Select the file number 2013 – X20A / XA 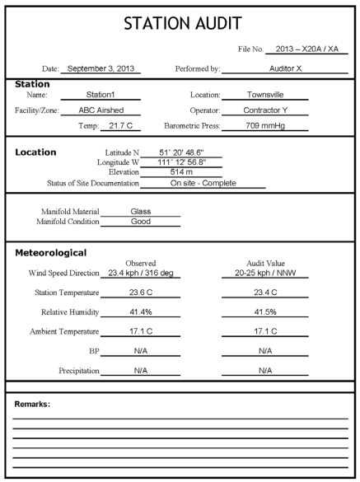click(x=306, y=49)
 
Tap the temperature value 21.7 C click(x=120, y=126)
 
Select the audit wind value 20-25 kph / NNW click(x=265, y=273)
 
